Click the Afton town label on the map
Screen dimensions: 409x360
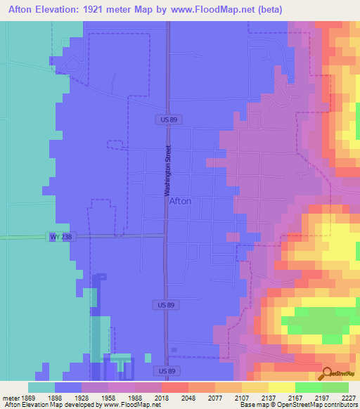tap(180, 200)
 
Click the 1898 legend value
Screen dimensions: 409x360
tap(68, 397)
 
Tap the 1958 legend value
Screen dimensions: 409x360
tap(121, 397)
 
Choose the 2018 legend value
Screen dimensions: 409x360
tap(174, 397)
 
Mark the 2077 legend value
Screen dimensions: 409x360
tap(227, 397)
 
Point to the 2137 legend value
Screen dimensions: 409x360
tap(281, 397)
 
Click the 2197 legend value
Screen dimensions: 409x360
tap(334, 397)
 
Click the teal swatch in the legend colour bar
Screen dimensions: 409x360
tap(41, 387)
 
